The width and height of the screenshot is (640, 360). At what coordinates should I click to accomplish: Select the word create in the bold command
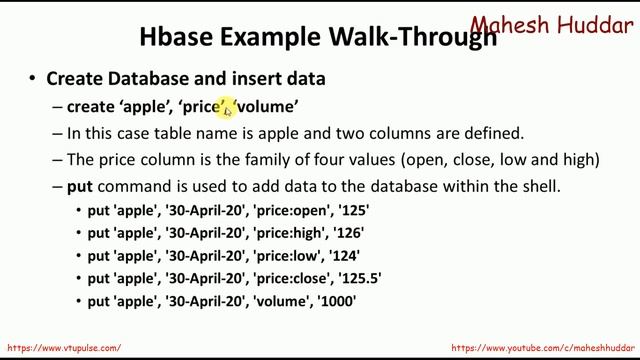[x=90, y=106]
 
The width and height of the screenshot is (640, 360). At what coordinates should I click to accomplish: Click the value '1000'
[x=337, y=300]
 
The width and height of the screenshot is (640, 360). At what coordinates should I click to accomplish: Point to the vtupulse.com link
[x=64, y=348]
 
